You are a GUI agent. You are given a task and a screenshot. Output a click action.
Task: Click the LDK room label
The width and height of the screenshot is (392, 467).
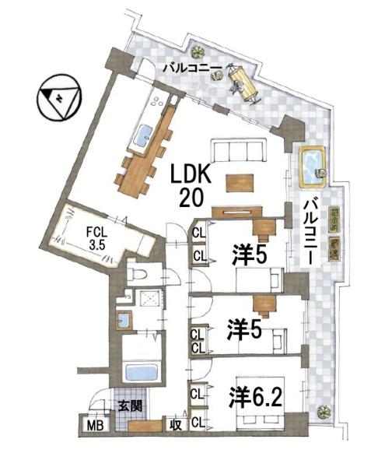click(x=187, y=173)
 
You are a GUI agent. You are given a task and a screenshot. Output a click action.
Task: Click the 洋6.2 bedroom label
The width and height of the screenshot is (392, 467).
click(x=255, y=398)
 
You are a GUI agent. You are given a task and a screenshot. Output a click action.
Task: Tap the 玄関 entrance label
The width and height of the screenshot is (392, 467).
click(x=129, y=406)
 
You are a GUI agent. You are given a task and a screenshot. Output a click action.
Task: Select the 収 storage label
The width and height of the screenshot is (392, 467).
click(x=177, y=425)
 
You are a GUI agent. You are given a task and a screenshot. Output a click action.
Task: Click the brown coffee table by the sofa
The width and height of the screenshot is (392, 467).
click(x=240, y=182)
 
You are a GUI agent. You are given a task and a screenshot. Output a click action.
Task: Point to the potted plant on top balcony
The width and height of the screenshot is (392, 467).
click(x=200, y=53)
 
